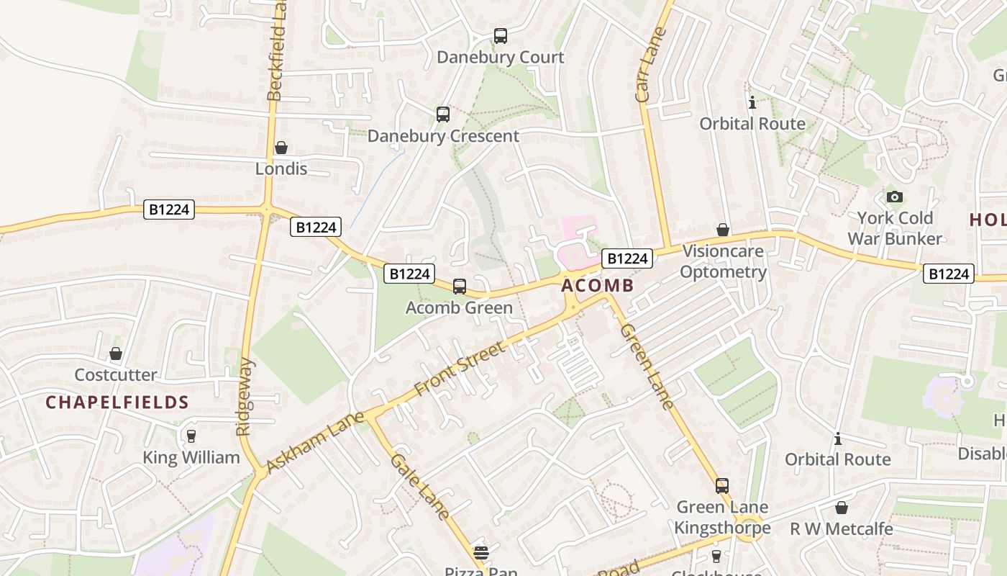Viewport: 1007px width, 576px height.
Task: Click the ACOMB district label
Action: click(x=597, y=286)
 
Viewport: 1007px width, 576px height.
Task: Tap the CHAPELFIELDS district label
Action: click(x=117, y=402)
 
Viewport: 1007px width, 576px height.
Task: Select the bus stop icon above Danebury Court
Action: click(x=501, y=35)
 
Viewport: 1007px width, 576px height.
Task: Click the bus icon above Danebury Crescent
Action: click(x=443, y=114)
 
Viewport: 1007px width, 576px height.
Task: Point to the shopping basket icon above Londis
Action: click(x=281, y=148)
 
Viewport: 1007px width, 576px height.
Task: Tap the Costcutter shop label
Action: click(x=116, y=374)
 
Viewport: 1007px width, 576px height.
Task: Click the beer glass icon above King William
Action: click(x=191, y=436)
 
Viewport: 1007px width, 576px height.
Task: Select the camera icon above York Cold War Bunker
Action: click(x=894, y=197)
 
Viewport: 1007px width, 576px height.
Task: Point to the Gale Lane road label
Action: click(x=421, y=486)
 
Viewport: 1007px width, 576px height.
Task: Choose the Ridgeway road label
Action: click(x=245, y=396)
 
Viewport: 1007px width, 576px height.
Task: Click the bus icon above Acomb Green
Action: click(x=460, y=286)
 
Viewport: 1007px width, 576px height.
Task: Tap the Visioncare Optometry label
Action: click(x=724, y=261)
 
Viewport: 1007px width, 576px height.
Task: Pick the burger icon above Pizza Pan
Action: click(x=481, y=552)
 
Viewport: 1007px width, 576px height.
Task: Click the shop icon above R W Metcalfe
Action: click(x=842, y=508)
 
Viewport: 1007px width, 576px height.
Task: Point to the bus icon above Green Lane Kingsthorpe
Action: click(x=722, y=485)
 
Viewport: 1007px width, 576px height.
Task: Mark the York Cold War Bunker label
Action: click(x=895, y=228)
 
